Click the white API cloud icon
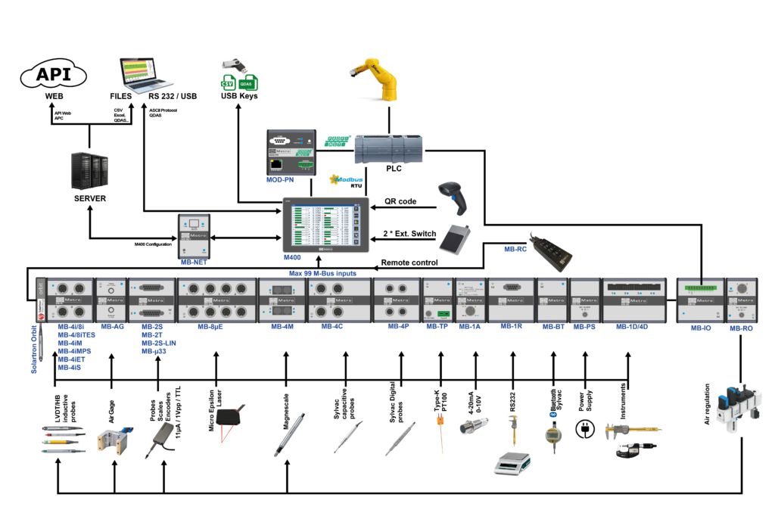(x=53, y=75)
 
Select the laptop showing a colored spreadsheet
(x=146, y=75)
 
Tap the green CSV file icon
(x=228, y=82)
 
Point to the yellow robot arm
(x=372, y=79)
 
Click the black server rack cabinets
(x=89, y=170)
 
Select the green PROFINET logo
(x=338, y=141)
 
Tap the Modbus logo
(x=346, y=179)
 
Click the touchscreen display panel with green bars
(x=325, y=225)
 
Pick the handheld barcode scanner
(x=455, y=197)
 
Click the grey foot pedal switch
(x=455, y=239)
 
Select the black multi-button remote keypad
(x=551, y=247)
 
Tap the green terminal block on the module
(x=700, y=288)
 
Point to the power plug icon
(x=584, y=429)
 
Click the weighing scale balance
(x=512, y=463)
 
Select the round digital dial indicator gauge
(x=553, y=437)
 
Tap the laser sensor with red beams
(x=228, y=424)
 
